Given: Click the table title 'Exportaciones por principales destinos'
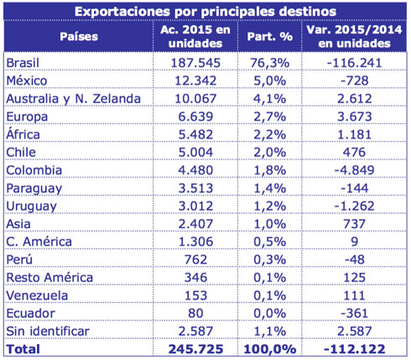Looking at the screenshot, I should pos(206,12).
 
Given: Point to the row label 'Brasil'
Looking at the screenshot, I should pos(23,64).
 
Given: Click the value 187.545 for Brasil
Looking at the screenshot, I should pos(194,64).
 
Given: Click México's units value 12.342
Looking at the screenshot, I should pos(194,80).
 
